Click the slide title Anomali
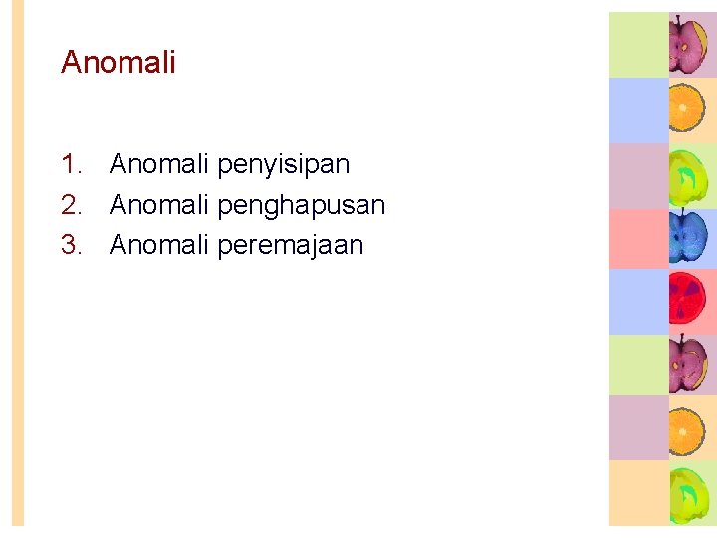click(118, 62)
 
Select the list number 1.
click(71, 163)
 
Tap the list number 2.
click(71, 205)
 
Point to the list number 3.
click(71, 245)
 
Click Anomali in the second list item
click(159, 205)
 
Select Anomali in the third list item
click(159, 245)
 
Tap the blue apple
click(687, 237)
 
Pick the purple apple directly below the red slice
click(687, 365)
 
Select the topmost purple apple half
click(687, 44)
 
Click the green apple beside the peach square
click(687, 492)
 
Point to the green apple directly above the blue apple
click(687, 173)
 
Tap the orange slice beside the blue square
click(687, 108)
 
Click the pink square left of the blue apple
click(638, 238)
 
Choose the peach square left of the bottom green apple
click(638, 492)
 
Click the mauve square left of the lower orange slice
click(638, 427)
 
